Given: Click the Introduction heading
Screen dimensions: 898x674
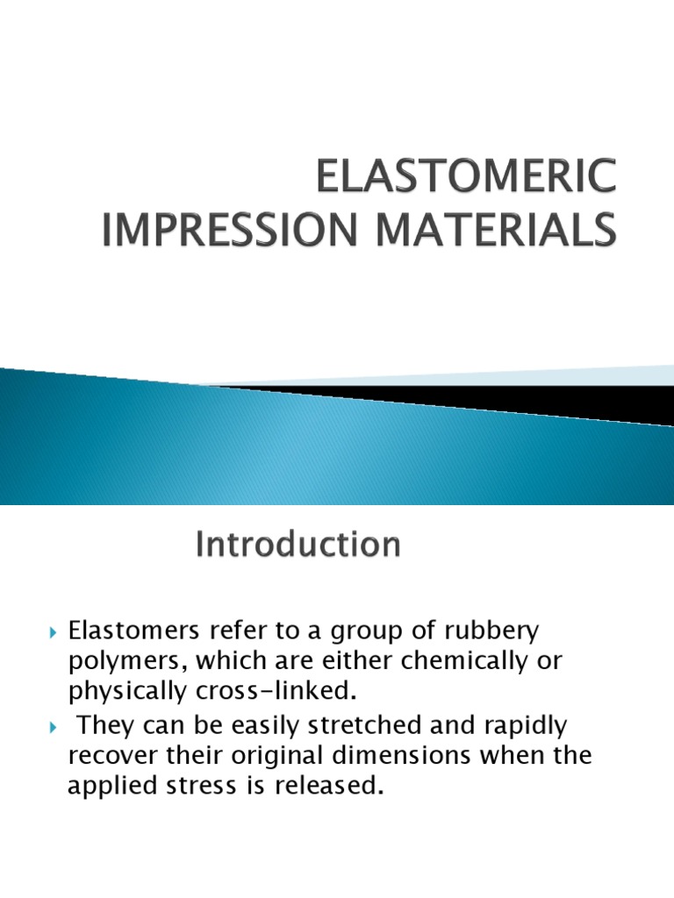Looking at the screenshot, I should (x=298, y=545).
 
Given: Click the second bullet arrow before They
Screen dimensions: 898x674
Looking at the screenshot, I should (x=54, y=726).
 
